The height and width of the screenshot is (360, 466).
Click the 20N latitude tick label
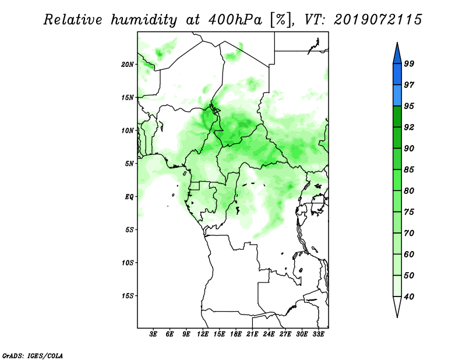128,65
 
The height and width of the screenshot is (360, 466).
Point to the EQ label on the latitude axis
129,197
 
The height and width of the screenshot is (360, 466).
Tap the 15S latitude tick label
128,296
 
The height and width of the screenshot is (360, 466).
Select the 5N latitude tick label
129,164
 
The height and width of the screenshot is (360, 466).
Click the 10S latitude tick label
128,263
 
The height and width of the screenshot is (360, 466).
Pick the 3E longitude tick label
153,334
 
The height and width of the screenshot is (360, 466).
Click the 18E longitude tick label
236,334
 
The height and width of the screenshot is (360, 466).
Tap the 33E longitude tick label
318,334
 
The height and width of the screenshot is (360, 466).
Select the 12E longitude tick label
203,334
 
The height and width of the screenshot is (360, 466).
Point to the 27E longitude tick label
285,334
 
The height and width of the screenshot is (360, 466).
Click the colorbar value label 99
409,63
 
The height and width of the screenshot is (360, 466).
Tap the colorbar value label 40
409,297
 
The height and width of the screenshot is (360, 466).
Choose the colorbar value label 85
409,170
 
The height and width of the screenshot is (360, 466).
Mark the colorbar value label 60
409,255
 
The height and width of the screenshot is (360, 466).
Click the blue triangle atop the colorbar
397,55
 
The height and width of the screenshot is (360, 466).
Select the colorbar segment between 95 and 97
397,96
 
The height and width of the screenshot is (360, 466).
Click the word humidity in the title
144,20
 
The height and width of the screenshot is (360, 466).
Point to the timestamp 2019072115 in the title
377,20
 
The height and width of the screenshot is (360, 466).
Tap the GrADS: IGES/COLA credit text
33,356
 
